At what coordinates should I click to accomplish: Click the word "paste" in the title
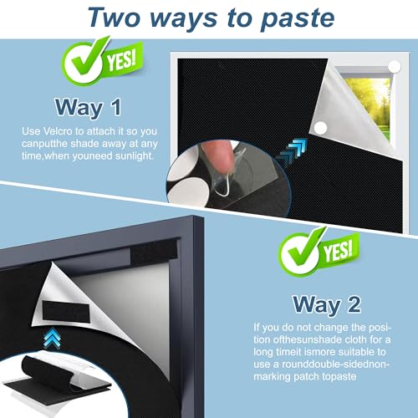click(x=298, y=18)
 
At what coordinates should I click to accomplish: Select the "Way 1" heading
click(x=89, y=107)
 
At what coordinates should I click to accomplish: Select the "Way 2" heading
click(x=327, y=304)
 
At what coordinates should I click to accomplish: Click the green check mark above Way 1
click(x=84, y=61)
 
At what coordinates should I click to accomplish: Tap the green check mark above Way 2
click(x=300, y=252)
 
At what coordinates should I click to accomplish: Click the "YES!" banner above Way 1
click(x=122, y=59)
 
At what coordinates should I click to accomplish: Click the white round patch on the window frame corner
click(x=395, y=67)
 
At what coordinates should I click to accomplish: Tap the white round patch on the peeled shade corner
click(x=320, y=128)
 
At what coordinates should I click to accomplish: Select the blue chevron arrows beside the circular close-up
click(x=292, y=152)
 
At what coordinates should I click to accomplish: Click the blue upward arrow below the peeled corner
click(x=52, y=338)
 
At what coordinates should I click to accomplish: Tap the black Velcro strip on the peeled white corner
click(x=66, y=311)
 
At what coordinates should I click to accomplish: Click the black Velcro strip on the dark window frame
click(x=154, y=252)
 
